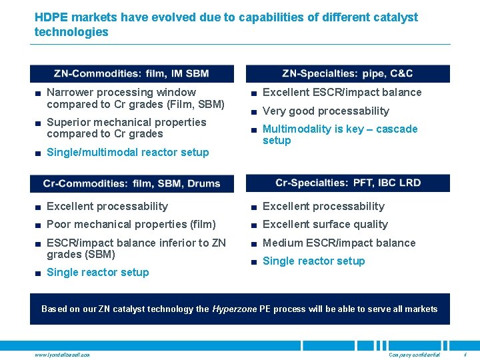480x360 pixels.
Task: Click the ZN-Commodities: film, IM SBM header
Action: pos(131,73)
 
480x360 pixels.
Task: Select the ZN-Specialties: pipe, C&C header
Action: pos(347,73)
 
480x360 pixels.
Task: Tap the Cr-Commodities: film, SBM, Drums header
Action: pos(131,183)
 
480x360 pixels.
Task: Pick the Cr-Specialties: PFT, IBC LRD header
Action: pos(347,183)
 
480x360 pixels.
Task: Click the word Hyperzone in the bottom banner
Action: pos(234,309)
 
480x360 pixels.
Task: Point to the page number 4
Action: pos(464,354)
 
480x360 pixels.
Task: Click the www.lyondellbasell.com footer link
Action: pos(62,354)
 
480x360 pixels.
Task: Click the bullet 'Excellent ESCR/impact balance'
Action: pos(342,92)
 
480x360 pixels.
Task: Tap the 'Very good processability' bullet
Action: pos(325,111)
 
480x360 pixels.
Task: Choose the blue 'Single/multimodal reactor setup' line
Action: pos(127,152)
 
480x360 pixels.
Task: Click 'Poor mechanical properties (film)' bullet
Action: pos(131,224)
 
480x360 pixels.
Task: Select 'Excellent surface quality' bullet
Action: pos(325,224)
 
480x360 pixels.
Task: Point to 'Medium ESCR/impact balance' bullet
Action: pos(339,243)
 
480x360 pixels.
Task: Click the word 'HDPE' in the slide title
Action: pos(51,17)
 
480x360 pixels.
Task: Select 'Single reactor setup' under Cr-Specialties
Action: pos(313,261)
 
